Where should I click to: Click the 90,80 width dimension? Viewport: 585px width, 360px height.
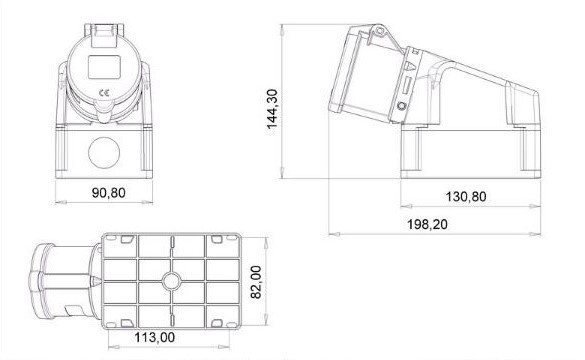[109, 193]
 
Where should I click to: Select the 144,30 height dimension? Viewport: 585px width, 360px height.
[272, 109]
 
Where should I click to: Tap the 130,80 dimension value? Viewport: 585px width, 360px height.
[466, 197]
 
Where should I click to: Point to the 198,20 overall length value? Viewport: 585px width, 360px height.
[427, 224]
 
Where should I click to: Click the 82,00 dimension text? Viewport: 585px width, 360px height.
[256, 282]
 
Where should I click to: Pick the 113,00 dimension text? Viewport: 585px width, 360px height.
[154, 337]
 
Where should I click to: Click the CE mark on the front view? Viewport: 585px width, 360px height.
[104, 93]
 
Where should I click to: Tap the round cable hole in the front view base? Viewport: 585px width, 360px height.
[104, 153]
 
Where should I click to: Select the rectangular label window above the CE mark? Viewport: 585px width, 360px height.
[104, 67]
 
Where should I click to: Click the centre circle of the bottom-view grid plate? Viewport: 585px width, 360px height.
[172, 281]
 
